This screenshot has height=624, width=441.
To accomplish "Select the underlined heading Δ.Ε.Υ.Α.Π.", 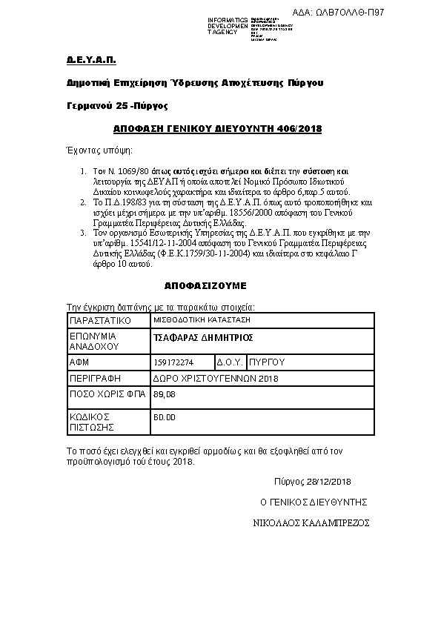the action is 81,59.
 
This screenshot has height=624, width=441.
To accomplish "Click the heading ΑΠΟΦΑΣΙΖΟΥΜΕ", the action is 205,285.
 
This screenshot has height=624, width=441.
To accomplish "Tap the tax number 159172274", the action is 173,362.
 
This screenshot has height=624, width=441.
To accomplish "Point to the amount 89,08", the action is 164,394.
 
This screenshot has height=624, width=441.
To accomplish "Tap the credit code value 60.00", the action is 164,418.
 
